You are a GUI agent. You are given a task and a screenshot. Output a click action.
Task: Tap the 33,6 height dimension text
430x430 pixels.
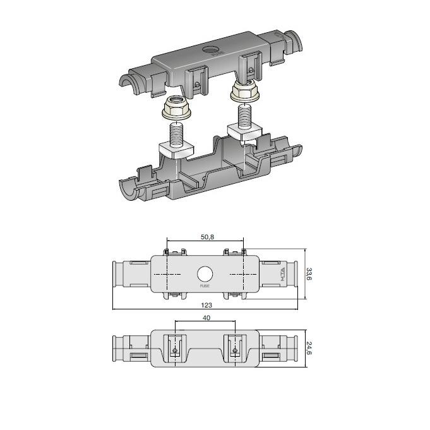coord(309,274)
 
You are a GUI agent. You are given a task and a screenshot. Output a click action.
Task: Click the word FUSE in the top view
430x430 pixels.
coord(205,286)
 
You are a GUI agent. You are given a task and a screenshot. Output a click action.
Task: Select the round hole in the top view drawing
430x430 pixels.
coord(205,274)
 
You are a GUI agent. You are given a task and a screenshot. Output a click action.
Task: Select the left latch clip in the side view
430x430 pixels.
coord(175,350)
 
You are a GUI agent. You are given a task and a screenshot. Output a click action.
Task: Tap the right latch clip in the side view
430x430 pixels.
coord(234,350)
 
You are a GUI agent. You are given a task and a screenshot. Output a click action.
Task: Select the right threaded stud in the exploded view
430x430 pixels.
coord(243,117)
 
